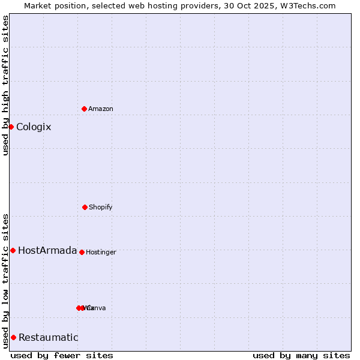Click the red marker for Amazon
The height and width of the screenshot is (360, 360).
(x=85, y=109)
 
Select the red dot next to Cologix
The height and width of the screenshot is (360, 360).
(x=11, y=127)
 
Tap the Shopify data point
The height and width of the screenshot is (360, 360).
(x=85, y=207)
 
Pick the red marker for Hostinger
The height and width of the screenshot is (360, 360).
(x=82, y=252)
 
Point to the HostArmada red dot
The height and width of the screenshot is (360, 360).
(x=13, y=250)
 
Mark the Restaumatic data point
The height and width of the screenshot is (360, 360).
(x=13, y=337)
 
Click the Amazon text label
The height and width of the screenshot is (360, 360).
(x=101, y=109)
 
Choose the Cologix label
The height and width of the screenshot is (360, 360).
(x=34, y=127)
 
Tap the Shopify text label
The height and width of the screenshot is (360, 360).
(x=101, y=207)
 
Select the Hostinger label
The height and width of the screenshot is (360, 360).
(x=101, y=252)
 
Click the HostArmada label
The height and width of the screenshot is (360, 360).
(x=47, y=250)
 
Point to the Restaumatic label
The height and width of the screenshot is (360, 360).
(x=49, y=337)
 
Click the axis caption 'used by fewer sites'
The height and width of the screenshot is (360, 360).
(x=62, y=355)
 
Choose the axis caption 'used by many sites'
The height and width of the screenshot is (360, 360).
(x=301, y=355)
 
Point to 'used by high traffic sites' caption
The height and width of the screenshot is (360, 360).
(x=5, y=85)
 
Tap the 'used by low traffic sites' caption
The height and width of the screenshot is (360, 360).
(x=5, y=280)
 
